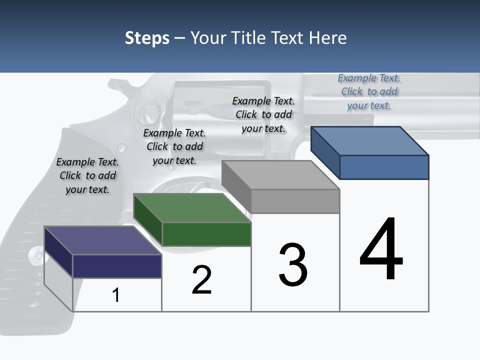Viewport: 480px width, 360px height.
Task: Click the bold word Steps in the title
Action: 147,38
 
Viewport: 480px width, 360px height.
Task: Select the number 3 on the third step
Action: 293,264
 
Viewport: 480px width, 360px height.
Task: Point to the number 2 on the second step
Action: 202,280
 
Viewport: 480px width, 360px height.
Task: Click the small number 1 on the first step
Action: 116,295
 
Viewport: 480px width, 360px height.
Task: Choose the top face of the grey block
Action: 280,175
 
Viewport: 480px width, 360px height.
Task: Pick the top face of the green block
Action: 192,208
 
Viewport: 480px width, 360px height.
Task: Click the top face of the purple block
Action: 103,240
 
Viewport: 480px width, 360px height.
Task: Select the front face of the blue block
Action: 384,167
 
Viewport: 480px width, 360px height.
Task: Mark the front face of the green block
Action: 206,234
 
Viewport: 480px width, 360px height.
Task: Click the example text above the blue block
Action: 369,92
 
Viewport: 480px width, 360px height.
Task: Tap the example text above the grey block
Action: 263,114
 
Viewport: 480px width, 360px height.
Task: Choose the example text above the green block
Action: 174,146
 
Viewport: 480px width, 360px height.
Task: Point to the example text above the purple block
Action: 87,175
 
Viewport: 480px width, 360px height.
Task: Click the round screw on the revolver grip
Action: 36,255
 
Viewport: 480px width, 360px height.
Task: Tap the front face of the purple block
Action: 117,266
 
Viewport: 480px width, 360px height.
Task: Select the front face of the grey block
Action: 295,201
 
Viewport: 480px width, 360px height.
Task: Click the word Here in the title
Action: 327,38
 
